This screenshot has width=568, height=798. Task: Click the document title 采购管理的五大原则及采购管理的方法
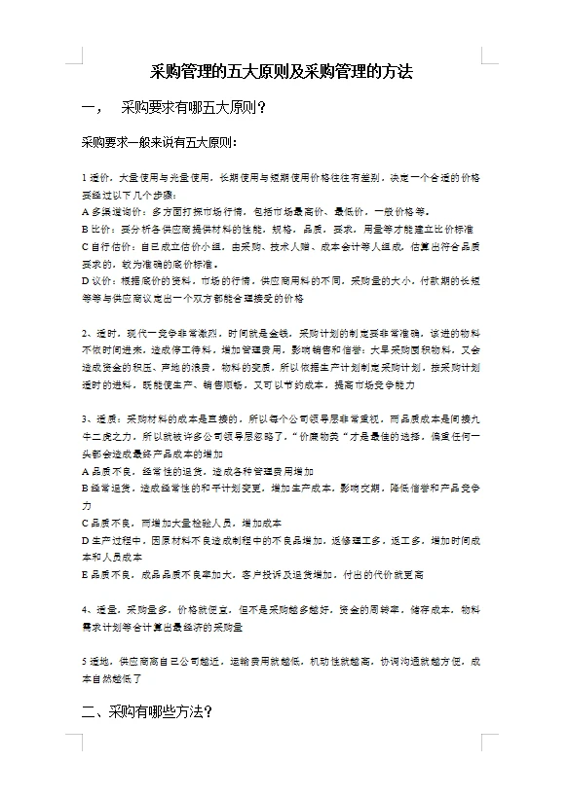tap(283, 72)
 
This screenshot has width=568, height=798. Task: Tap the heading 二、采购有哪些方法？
tap(147, 713)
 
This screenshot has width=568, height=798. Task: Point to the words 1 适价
tap(97, 179)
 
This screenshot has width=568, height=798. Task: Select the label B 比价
tap(96, 229)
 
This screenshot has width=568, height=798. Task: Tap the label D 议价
tap(96, 280)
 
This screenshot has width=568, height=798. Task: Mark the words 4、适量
tap(99, 609)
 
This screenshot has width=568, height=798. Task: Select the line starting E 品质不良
tap(252, 574)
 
